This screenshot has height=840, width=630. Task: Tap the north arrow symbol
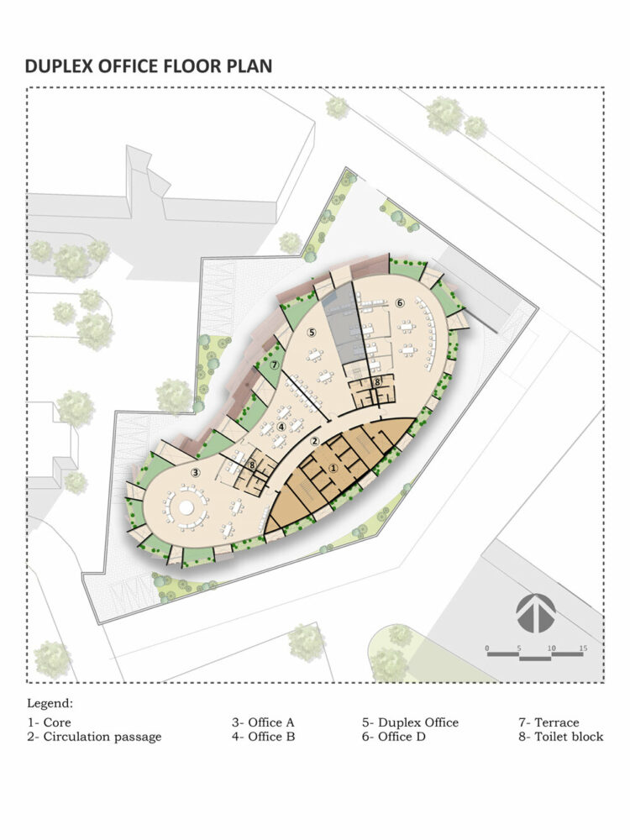click(535, 613)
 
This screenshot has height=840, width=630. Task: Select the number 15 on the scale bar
click(583, 648)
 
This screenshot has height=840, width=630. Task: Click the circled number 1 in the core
click(333, 468)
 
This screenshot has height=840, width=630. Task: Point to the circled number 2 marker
click(315, 442)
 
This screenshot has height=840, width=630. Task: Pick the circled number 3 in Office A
click(196, 472)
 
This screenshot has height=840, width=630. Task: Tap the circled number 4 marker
click(281, 427)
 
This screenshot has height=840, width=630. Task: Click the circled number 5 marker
click(312, 333)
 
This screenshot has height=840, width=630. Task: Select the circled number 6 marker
click(400, 302)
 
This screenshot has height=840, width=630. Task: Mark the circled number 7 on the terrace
click(275, 365)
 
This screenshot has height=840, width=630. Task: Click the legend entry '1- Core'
click(50, 722)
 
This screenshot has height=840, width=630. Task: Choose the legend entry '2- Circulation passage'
click(94, 737)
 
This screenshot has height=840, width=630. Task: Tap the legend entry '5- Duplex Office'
click(411, 722)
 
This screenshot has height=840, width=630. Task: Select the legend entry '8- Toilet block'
click(561, 737)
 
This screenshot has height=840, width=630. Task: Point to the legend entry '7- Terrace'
click(549, 722)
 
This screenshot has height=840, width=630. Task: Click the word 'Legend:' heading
click(50, 703)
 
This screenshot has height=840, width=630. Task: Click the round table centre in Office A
click(186, 507)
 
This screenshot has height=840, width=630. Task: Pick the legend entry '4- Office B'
click(264, 737)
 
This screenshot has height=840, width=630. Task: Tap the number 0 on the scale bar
click(487, 648)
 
